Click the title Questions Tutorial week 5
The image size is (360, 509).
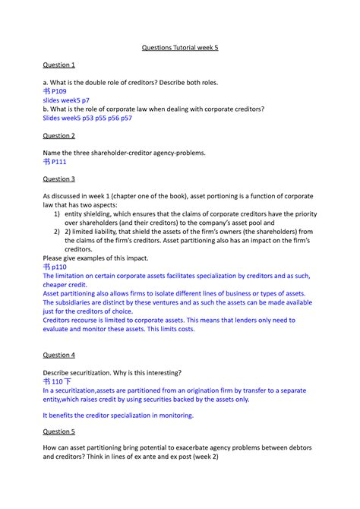pos(180,48)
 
